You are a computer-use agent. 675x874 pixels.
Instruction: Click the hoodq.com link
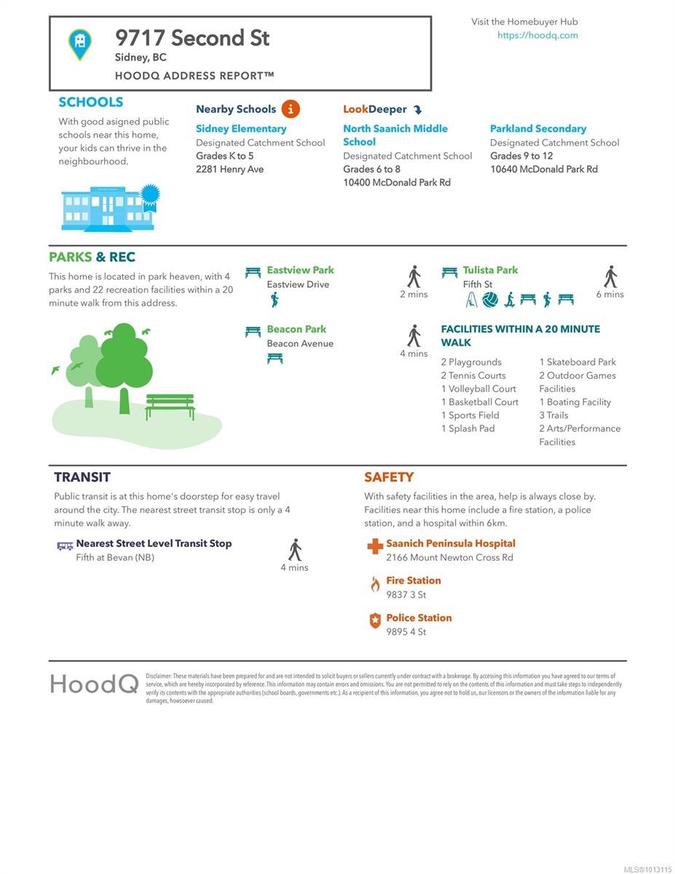click(x=537, y=35)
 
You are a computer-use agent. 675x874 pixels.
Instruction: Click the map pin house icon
click(x=80, y=43)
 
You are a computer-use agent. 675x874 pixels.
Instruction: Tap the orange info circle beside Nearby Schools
click(x=290, y=109)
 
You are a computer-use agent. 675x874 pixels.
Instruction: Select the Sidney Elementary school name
click(x=241, y=129)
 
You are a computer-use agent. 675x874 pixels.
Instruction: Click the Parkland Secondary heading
click(x=537, y=129)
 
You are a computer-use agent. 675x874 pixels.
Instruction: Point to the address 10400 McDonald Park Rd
click(x=397, y=183)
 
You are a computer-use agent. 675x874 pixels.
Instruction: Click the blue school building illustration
click(x=109, y=207)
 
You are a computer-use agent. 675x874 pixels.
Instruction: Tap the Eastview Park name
click(x=300, y=270)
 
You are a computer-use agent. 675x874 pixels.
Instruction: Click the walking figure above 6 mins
click(x=610, y=277)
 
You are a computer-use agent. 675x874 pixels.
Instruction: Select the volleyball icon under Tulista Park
click(x=490, y=299)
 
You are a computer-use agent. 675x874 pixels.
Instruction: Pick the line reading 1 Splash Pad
click(x=467, y=429)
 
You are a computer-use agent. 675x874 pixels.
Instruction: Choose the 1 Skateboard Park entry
click(x=577, y=362)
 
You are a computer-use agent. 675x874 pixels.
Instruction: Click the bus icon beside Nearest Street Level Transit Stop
click(x=65, y=545)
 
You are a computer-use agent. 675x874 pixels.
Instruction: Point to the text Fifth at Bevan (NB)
click(x=115, y=558)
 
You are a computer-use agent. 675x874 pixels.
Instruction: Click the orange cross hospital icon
click(x=375, y=546)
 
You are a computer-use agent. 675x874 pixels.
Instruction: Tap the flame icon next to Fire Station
click(x=375, y=584)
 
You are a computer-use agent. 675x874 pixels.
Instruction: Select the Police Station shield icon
click(x=375, y=621)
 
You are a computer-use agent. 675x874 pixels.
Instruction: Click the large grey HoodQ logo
click(x=94, y=684)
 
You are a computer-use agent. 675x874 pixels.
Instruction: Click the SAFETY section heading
click(x=389, y=478)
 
